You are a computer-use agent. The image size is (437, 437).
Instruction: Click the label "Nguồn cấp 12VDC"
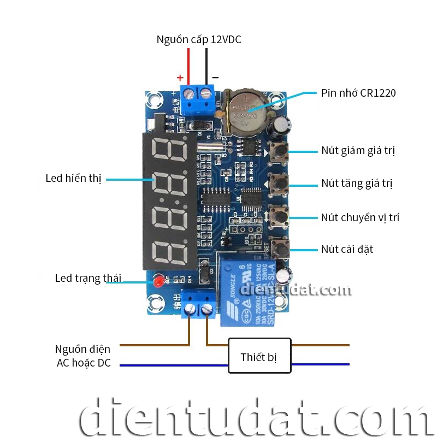click(x=198, y=40)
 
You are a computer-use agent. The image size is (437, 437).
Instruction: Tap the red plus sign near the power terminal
click(x=180, y=78)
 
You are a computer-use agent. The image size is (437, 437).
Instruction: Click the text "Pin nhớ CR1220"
click(x=358, y=93)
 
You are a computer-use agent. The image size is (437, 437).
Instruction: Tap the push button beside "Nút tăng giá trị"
click(x=280, y=183)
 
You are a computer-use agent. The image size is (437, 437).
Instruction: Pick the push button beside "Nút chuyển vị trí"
click(x=280, y=216)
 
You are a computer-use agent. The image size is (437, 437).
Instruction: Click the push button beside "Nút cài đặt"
click(x=280, y=250)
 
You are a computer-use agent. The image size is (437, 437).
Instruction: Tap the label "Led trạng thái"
click(x=88, y=279)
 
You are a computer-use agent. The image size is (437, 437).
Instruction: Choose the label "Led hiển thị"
click(x=74, y=179)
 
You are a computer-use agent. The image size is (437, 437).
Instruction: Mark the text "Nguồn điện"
click(x=82, y=349)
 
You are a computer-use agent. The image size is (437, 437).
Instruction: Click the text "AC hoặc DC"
click(x=83, y=363)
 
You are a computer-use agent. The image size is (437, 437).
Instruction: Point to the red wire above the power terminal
click(x=188, y=66)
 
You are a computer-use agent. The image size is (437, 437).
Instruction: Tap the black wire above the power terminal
click(x=207, y=66)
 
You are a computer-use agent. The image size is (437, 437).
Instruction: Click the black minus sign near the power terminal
click(x=215, y=78)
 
